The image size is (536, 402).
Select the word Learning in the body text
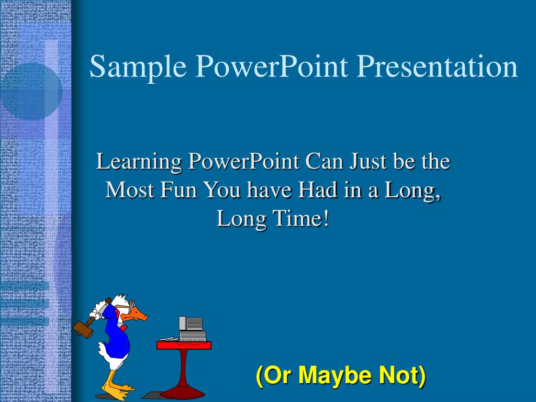[x=138, y=161]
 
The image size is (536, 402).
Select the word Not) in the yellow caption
[x=403, y=375]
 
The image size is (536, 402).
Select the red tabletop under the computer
[x=184, y=345]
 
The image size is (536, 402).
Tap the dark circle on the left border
[x=30, y=92]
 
